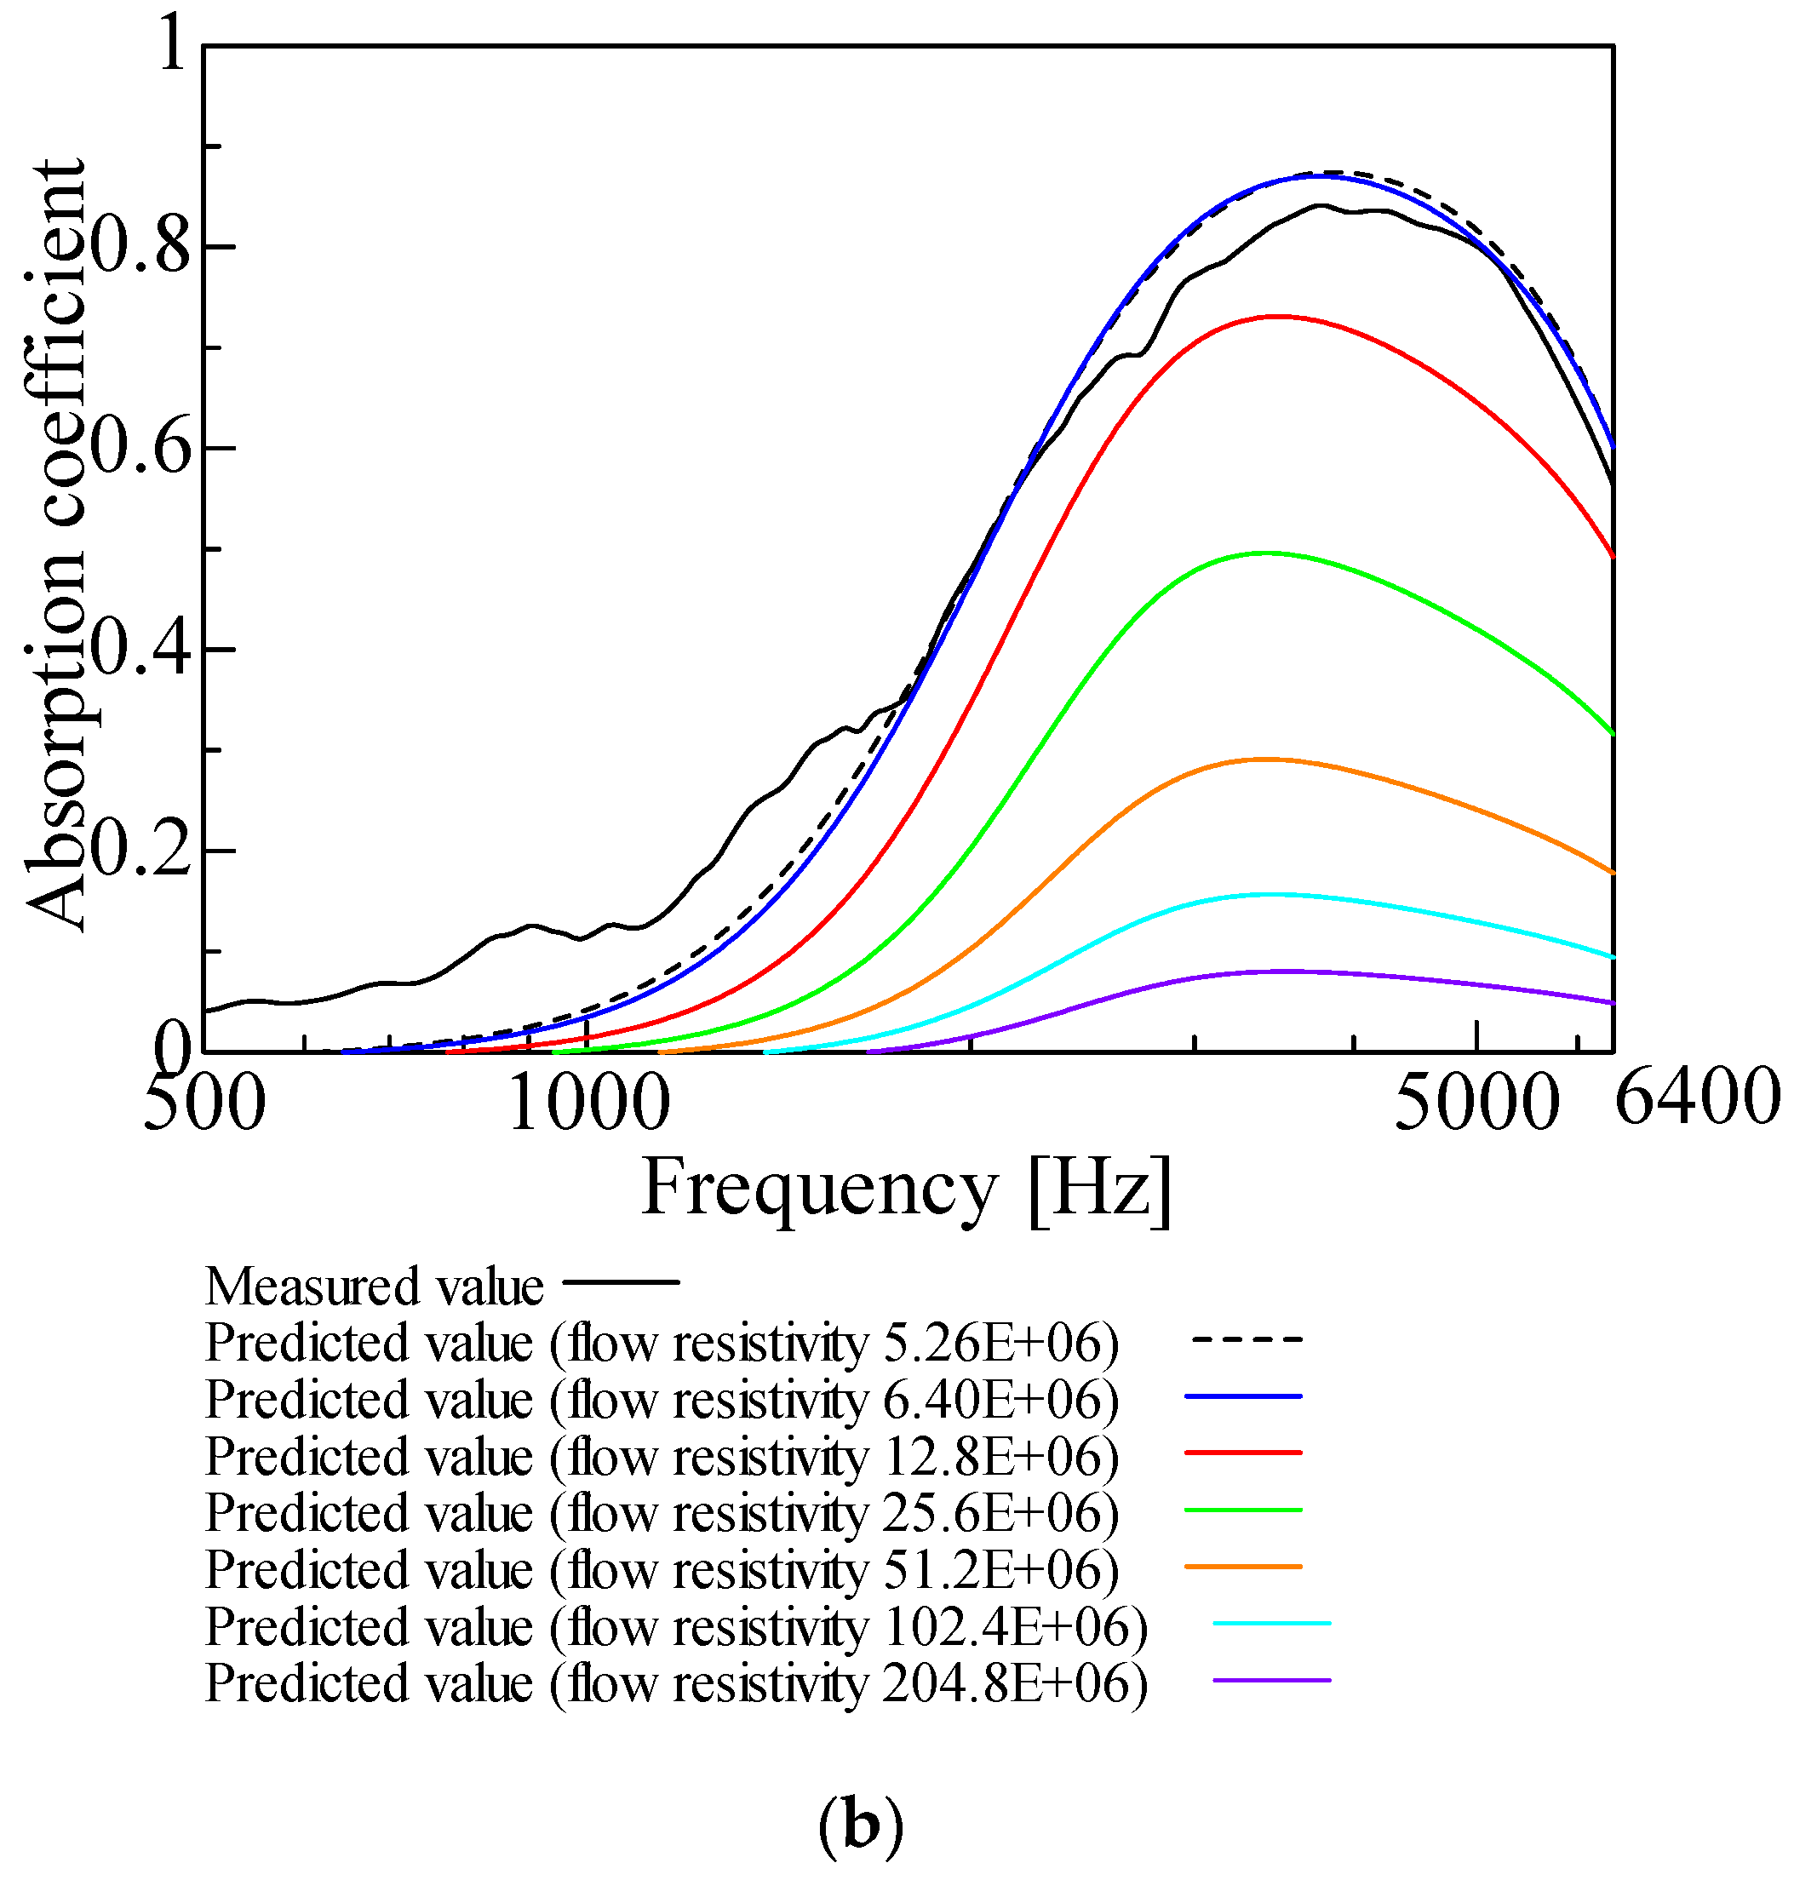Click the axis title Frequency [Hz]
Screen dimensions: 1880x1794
pyautogui.click(x=907, y=1188)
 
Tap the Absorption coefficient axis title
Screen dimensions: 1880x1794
pyautogui.click(x=55, y=545)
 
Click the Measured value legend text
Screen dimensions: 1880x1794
pyautogui.click(x=374, y=1287)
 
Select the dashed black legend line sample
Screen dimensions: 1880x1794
pyautogui.click(x=1245, y=1339)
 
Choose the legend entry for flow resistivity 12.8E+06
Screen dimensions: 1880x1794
pyautogui.click(x=662, y=1456)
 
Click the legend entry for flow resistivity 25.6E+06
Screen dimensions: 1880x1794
pyautogui.click(x=662, y=1513)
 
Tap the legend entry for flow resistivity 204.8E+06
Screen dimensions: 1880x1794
pyautogui.click(x=676, y=1683)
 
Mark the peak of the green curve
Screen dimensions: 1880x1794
pyautogui.click(x=1265, y=553)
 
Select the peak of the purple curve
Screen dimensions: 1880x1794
pyautogui.click(x=1281, y=971)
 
